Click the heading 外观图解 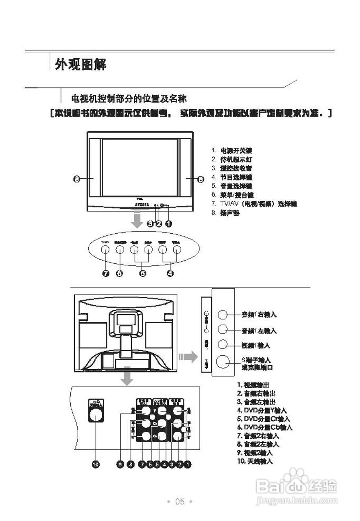(81, 64)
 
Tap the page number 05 (180, 501)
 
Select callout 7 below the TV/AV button (106, 273)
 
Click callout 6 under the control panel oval (119, 273)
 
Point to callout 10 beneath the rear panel (96, 464)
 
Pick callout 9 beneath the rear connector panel (120, 464)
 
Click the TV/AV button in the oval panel (105, 250)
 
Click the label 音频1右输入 (259, 315)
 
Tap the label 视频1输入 (256, 346)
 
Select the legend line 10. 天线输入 (255, 461)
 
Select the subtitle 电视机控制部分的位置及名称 (129, 98)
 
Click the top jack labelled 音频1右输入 (223, 314)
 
